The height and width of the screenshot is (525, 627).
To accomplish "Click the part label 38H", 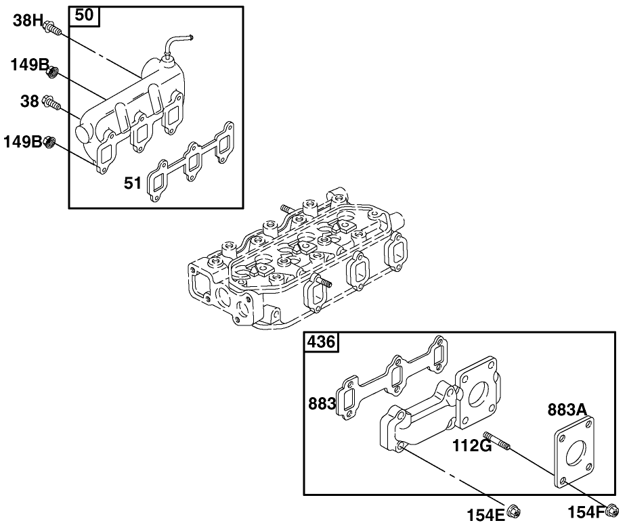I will tap(28, 21).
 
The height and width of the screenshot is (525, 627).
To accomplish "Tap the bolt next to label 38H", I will tap(51, 28).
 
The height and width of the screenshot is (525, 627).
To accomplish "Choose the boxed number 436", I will tap(321, 342).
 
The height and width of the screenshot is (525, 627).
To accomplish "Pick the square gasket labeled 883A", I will tap(575, 454).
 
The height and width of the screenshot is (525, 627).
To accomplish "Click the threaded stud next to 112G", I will tap(496, 440).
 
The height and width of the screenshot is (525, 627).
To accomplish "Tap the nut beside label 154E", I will tap(513, 511).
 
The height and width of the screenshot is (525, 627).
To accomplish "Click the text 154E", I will tap(485, 513).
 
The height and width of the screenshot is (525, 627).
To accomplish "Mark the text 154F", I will tap(584, 513).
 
